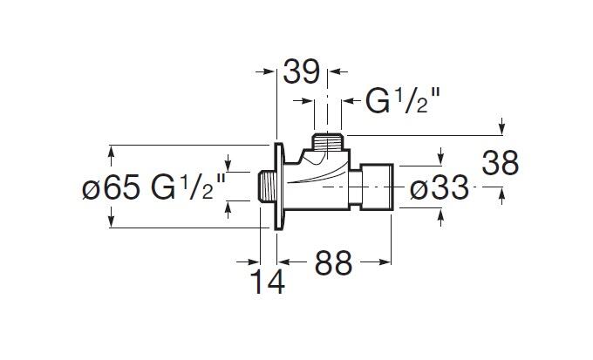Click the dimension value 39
pyautogui.click(x=302, y=71)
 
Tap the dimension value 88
pyautogui.click(x=333, y=263)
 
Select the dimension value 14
pyautogui.click(x=268, y=282)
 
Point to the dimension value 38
pyautogui.click(x=501, y=163)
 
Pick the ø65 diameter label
pyautogui.click(x=112, y=187)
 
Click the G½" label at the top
pyautogui.click(x=403, y=100)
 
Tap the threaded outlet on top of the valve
pyautogui.click(x=328, y=142)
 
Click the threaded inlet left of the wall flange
pyautogui.click(x=266, y=187)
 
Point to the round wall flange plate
pyautogui.click(x=279, y=187)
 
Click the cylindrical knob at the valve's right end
pyautogui.click(x=377, y=187)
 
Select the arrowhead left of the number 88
pyautogui.click(x=284, y=262)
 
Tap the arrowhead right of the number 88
pyautogui.click(x=385, y=262)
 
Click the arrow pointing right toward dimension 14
pyautogui.click(x=249, y=262)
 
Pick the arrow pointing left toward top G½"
pyautogui.click(x=353, y=101)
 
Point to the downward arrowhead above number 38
pyautogui.click(x=501, y=126)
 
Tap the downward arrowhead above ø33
pyautogui.click(x=441, y=157)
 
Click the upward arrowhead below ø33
pyautogui.click(x=441, y=218)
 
